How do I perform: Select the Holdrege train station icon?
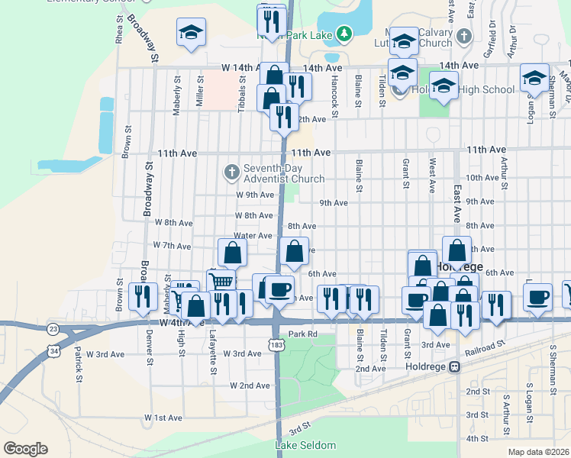[x=455, y=366]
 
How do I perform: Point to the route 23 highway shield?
[x=53, y=329]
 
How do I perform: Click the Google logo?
[x=25, y=449]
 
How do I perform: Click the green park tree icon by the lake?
[x=344, y=33]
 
